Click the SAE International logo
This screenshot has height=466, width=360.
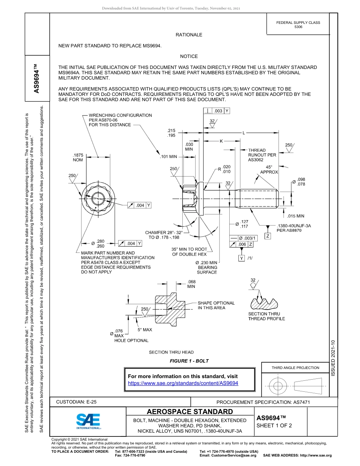coord(88,421)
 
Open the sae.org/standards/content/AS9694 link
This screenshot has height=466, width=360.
coord(183,383)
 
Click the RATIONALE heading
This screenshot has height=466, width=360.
coord(189,35)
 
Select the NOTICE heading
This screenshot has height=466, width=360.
coord(189,56)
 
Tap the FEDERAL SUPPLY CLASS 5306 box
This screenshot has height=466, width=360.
coord(298,25)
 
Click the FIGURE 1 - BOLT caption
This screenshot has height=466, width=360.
coord(189,361)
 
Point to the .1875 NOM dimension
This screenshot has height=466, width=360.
coord(78,158)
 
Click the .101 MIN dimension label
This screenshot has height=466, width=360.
coord(168,156)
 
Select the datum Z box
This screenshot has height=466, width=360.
coord(268,236)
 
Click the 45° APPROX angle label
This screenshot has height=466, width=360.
coord(269,169)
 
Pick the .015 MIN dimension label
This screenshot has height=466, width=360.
coord(295,216)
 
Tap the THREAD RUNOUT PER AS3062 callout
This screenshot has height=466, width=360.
coord(262,155)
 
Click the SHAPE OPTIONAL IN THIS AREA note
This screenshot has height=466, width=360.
coord(216,305)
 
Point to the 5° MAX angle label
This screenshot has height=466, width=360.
coord(145,330)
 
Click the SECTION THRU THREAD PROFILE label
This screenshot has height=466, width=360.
coord(266,316)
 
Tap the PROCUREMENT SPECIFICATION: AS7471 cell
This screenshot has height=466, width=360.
coord(263,402)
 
